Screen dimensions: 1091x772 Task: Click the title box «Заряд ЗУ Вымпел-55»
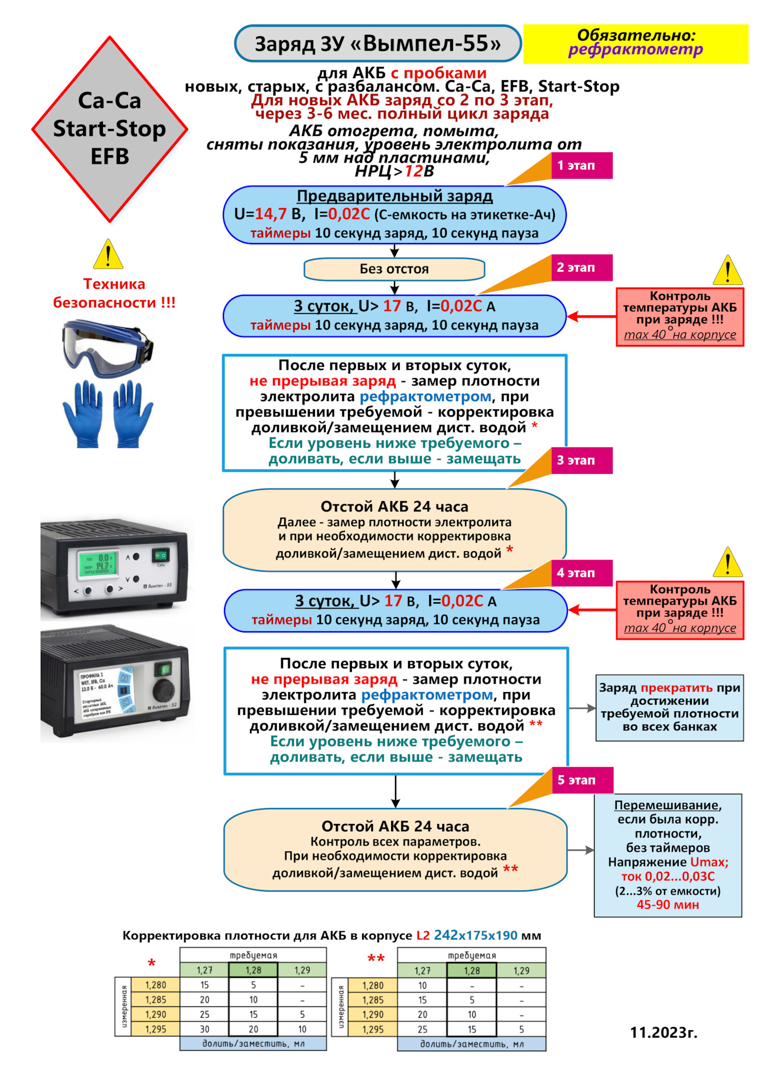tap(377, 44)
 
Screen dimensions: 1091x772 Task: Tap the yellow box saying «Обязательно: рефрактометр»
tap(635, 44)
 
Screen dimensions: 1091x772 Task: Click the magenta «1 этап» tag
tap(581, 166)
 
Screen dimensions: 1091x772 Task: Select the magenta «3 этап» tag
tap(581, 460)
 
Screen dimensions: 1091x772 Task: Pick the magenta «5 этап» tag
tap(582, 780)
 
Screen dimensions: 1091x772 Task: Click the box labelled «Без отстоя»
tap(394, 269)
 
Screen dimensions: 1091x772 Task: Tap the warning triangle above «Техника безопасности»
tap(108, 254)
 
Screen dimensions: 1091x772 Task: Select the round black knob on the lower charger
tap(165, 690)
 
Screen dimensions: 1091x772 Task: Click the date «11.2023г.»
tap(663, 1032)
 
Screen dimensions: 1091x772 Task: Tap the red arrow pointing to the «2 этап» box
tap(591, 317)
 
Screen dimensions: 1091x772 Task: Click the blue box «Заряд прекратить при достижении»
tap(669, 707)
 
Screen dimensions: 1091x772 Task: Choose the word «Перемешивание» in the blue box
tap(667, 805)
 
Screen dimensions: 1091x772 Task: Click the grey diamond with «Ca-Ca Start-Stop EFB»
tap(110, 129)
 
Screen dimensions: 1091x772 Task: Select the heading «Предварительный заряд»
tap(395, 196)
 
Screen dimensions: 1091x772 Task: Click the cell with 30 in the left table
tap(205, 1029)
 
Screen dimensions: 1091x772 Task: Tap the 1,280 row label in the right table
tap(373, 985)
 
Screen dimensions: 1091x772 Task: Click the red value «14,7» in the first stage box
tap(271, 214)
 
